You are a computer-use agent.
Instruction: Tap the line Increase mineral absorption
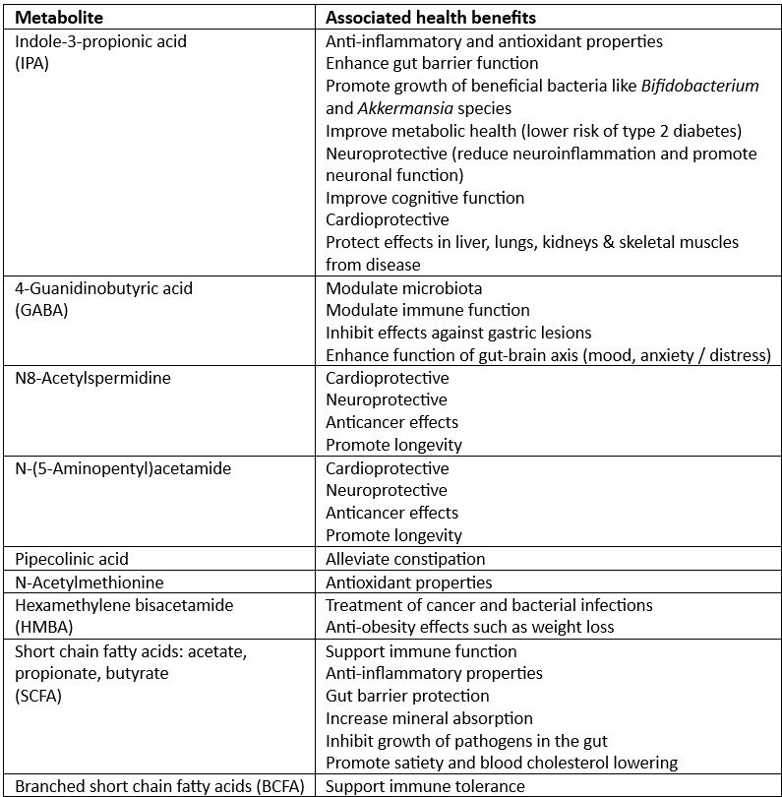point(429,718)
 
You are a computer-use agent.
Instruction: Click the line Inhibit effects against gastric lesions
point(458,333)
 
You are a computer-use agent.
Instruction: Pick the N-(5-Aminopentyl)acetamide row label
point(119,468)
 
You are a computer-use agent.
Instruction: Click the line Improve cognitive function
point(425,198)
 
